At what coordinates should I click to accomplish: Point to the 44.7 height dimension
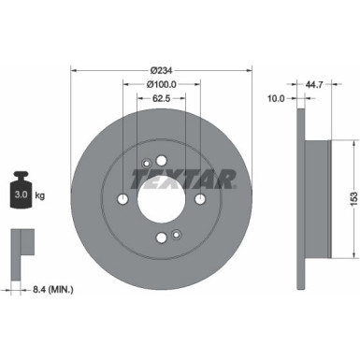pos(314,84)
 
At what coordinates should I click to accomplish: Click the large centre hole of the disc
pos(162,198)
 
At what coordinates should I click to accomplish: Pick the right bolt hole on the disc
pos(201,198)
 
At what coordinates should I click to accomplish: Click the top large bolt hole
pos(162,159)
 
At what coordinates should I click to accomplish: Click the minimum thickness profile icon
pos(21,248)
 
